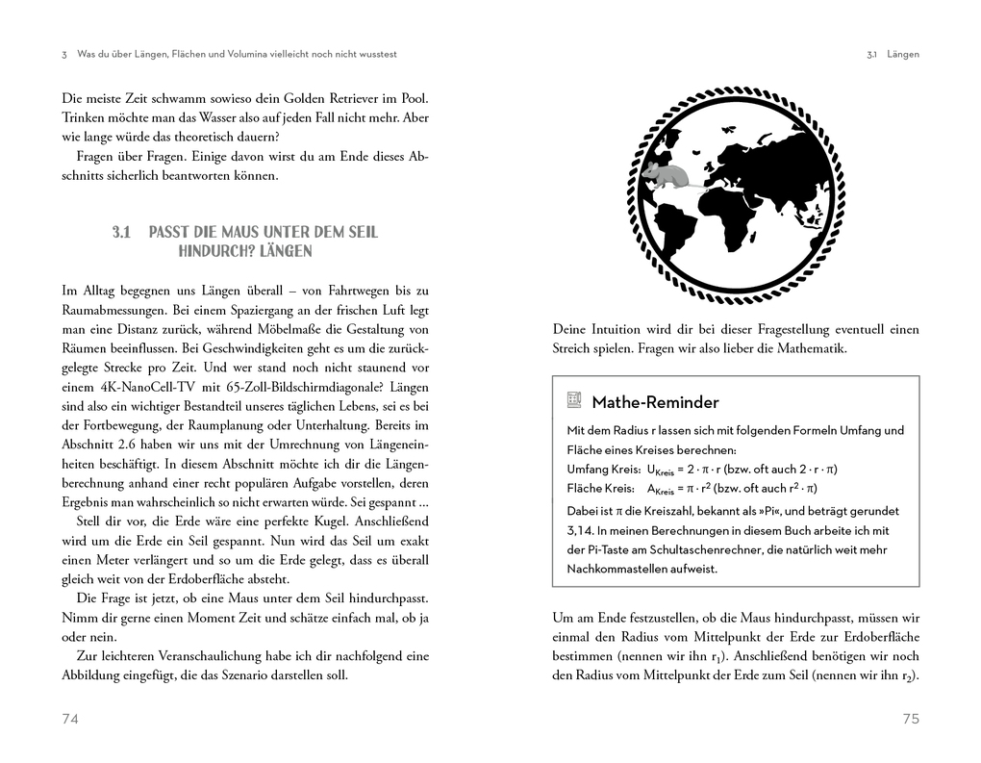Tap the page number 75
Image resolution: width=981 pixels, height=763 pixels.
(x=911, y=719)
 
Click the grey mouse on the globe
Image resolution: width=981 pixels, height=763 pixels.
(x=666, y=175)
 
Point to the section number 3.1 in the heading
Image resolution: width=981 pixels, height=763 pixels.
(x=120, y=232)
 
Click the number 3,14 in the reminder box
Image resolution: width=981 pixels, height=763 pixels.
(x=580, y=530)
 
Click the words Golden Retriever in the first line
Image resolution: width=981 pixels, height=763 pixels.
(x=328, y=99)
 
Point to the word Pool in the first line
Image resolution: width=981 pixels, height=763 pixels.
(x=414, y=99)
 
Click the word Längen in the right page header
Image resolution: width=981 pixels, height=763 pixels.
(x=902, y=55)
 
